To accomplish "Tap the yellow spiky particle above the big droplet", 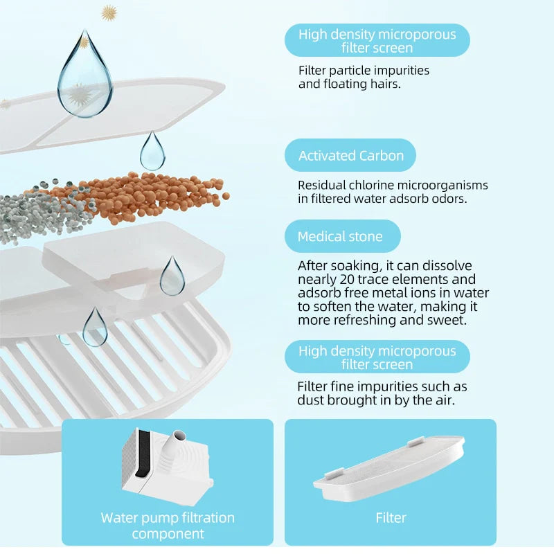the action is coord(109,13).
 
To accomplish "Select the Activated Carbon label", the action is coord(350,155).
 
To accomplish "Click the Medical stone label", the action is coord(342,236).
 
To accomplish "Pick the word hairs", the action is coord(386,84).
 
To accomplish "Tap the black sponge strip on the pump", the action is coord(144,454).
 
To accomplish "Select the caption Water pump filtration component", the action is coord(168,526).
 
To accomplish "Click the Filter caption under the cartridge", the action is coord(391,517).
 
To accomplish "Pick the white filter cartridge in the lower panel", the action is coord(389,467).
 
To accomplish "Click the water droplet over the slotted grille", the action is coord(95,327).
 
